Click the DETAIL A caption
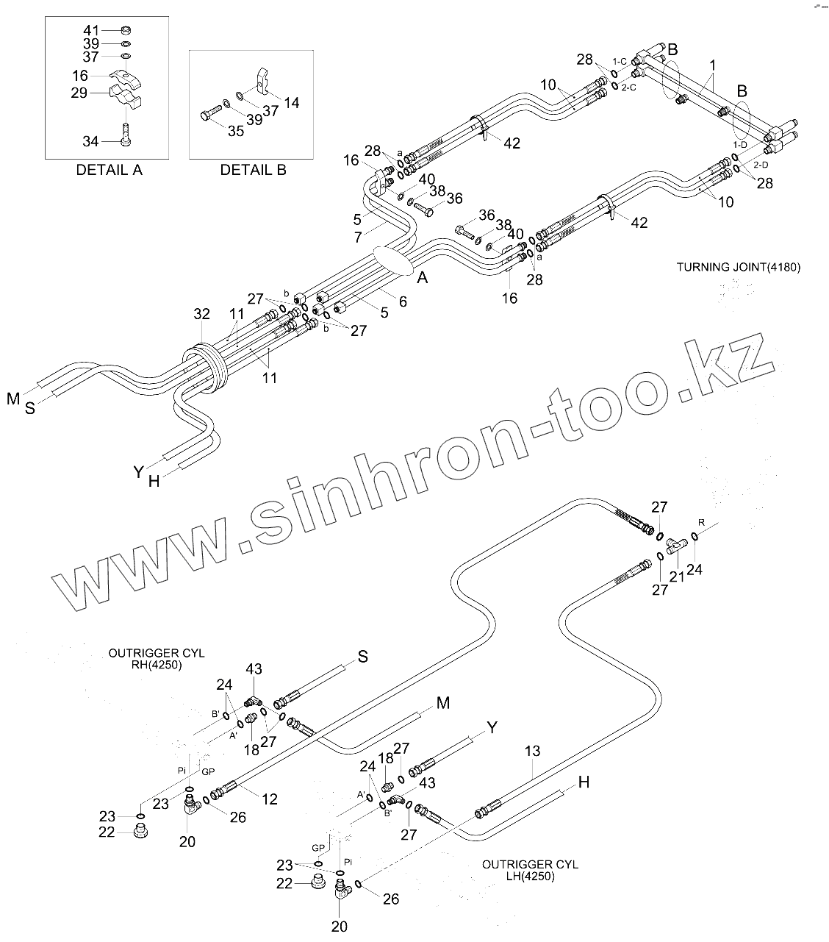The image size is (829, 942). coord(110,170)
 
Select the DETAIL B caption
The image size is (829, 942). coord(253,170)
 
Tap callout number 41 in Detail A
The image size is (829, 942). coord(91,30)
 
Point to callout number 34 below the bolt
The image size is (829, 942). coord(91,140)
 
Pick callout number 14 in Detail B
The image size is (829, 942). coord(291,103)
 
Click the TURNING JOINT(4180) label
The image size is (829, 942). coord(738,267)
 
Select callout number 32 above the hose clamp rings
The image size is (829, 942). coord(201,315)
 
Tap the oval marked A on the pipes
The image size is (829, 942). coord(393,260)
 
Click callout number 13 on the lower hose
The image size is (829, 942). coord(532,751)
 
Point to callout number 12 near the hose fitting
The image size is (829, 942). coord(270,799)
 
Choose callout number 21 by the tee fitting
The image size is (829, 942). coord(676,577)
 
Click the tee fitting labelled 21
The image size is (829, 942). coord(677,546)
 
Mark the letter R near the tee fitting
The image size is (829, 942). coord(701,523)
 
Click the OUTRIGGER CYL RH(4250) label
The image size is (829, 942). coord(146,659)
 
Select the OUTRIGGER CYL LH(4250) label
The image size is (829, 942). coord(530,870)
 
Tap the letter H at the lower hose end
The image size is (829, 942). coord(584,782)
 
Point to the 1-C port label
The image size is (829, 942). coord(619,62)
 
